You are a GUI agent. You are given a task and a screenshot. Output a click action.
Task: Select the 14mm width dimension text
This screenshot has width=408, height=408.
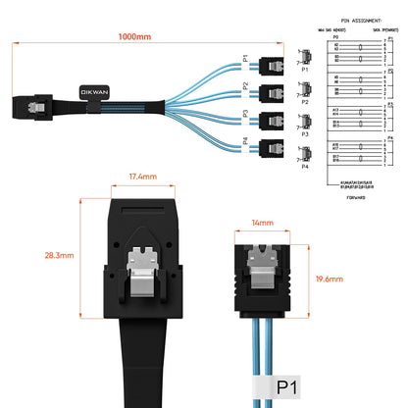(x=261, y=224)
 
